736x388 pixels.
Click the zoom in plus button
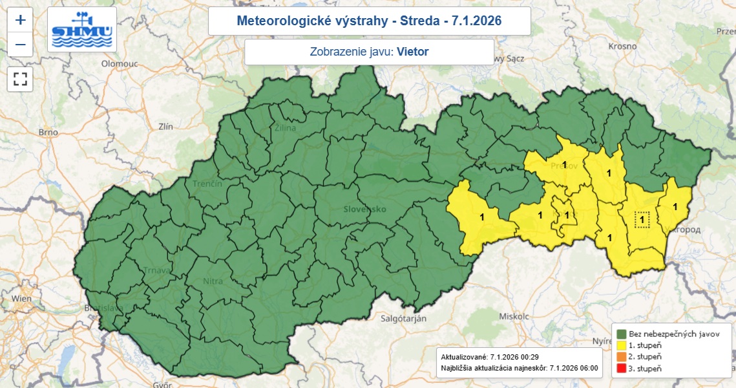coord(21,19)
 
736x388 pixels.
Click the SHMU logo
coord(82,30)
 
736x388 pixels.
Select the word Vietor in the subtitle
coord(412,52)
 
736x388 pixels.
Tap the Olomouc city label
coord(121,64)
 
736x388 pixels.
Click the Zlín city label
coord(156,127)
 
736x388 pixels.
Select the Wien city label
coord(21,298)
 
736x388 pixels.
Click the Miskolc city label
coord(514,316)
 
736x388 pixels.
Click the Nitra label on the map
coord(213,281)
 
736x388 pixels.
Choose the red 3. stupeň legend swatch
coord(622,368)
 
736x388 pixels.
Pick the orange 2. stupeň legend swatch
coord(622,357)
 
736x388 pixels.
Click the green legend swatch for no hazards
coord(622,334)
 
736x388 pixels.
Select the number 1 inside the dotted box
coord(642,220)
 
